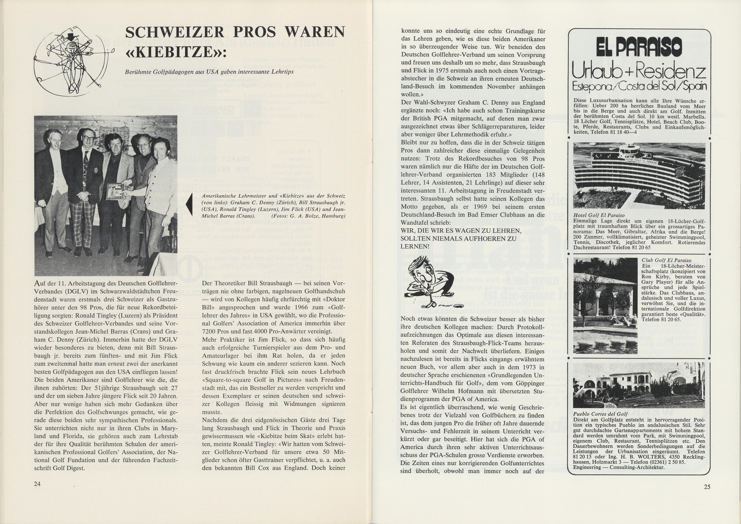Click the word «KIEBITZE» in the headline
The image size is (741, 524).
[x=176, y=52]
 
